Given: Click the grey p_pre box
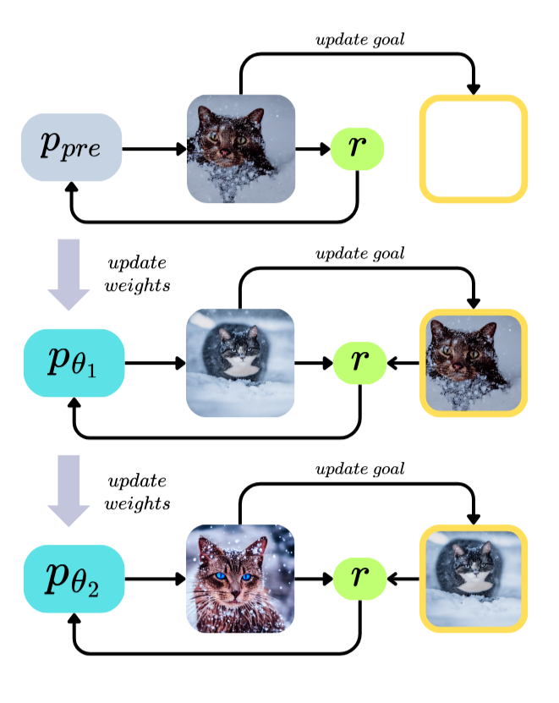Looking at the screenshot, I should [72, 147].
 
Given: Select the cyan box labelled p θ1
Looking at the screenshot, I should [74, 363].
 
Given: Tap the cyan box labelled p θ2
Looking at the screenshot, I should [74, 579].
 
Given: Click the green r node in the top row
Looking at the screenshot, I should [358, 148].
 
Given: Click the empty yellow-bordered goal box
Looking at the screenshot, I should [474, 149].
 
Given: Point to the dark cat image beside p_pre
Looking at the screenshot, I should [240, 149].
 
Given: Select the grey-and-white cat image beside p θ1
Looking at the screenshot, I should [240, 364].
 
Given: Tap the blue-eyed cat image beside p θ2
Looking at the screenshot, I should [240, 579].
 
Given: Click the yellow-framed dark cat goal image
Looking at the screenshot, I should [474, 364].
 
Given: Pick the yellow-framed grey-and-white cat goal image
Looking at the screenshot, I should [474, 579].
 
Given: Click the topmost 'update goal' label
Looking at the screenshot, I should [360, 39].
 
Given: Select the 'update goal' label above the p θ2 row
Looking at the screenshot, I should [360, 469].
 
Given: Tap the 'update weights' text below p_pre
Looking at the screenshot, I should [137, 273].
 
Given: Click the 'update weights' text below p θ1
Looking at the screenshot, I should [137, 492].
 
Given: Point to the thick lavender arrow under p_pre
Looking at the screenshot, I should [68, 273].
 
